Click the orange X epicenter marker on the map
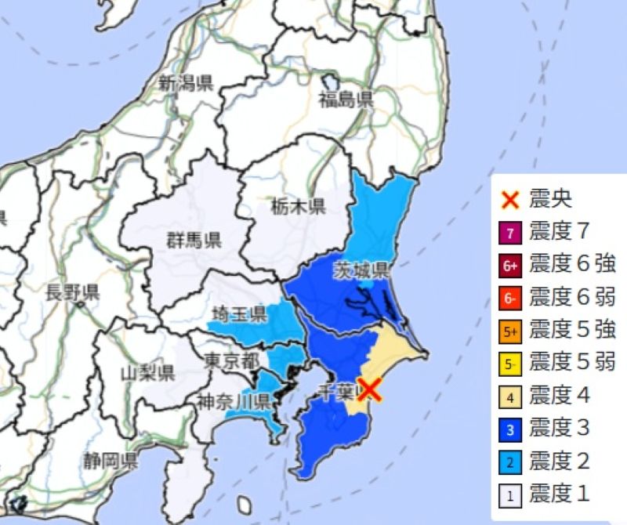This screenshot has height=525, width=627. tap(370, 389)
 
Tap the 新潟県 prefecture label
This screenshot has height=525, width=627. tap(186, 83)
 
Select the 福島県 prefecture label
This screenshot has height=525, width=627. tap(346, 100)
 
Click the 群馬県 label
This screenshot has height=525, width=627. tap(193, 241)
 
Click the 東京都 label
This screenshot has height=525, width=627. tap(231, 361)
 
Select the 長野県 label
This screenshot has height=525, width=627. tap(72, 294)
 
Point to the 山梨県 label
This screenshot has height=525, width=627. tap(147, 372)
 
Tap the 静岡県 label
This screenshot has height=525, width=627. tap(113, 459)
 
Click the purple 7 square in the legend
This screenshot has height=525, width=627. tap(510, 233)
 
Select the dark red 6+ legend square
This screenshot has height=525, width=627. tap(510, 266)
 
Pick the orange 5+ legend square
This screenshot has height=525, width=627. tap(510, 331)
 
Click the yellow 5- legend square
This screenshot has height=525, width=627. tap(510, 364)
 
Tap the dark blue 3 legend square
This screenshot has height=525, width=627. tap(510, 429)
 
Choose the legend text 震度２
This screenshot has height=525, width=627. tap(560, 462)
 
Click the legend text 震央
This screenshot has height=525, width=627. tap(551, 199)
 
